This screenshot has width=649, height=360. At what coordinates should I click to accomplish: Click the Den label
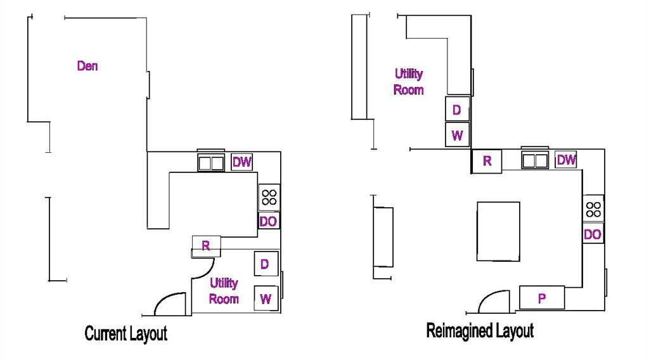87,66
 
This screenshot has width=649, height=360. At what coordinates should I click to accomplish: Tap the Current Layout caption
126,333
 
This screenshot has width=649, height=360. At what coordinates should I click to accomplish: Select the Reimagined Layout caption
480,331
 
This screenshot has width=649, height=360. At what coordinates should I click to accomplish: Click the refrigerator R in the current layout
206,247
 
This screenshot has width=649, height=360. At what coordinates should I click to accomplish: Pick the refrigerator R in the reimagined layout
487,161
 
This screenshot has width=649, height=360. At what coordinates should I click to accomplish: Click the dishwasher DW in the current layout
241,162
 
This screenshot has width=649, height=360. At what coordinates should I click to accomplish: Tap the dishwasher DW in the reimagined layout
566,160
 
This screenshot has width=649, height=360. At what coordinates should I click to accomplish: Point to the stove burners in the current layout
269,197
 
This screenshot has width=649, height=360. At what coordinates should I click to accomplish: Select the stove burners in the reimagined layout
593,209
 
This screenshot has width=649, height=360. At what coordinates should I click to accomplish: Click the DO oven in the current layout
269,221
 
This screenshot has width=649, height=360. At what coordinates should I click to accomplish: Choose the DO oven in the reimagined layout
593,235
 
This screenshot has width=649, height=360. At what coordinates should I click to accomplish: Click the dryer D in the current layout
266,264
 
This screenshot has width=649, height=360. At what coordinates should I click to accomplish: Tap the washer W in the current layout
266,299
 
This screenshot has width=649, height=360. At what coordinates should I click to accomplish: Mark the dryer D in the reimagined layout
457,110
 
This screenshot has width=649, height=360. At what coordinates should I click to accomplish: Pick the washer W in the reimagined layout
457,135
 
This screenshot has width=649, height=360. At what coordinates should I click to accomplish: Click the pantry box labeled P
542,297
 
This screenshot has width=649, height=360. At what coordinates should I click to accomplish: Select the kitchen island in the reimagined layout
498,231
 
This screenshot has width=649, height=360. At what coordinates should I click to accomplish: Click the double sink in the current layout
211,163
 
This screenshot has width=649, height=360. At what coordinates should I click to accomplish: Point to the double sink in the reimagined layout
535,160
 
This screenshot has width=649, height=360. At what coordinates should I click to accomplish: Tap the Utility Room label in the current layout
224,291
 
